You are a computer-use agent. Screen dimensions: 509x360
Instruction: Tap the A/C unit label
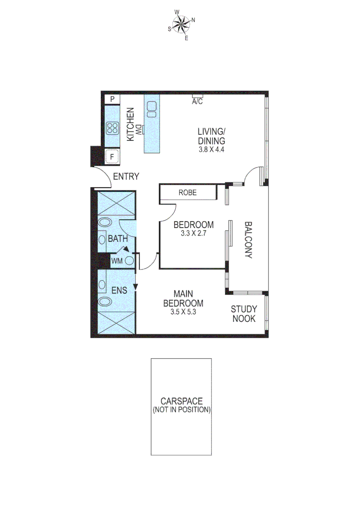click(197, 101)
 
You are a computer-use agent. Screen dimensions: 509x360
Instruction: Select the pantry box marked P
click(112, 99)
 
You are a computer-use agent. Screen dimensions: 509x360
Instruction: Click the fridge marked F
click(112, 157)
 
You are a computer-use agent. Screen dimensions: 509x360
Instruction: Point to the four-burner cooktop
click(113, 128)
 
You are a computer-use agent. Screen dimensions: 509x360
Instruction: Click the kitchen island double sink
click(152, 109)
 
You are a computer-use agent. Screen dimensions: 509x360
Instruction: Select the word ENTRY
click(126, 177)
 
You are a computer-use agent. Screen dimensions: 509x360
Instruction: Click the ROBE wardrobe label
click(188, 192)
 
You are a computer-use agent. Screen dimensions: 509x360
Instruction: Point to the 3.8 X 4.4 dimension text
click(212, 150)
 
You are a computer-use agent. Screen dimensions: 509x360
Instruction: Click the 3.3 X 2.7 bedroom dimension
click(194, 233)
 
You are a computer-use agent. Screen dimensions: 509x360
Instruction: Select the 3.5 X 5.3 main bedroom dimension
click(183, 312)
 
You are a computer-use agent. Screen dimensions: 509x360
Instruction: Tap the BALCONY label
click(248, 240)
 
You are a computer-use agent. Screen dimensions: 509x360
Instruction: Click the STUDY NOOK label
click(243, 314)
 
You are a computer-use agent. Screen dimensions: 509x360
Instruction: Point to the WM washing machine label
click(117, 260)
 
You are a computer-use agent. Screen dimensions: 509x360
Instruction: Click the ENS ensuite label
click(119, 291)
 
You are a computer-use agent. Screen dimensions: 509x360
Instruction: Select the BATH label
click(117, 239)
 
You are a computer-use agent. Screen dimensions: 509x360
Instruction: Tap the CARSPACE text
click(181, 401)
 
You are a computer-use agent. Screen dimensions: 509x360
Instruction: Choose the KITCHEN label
click(130, 125)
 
